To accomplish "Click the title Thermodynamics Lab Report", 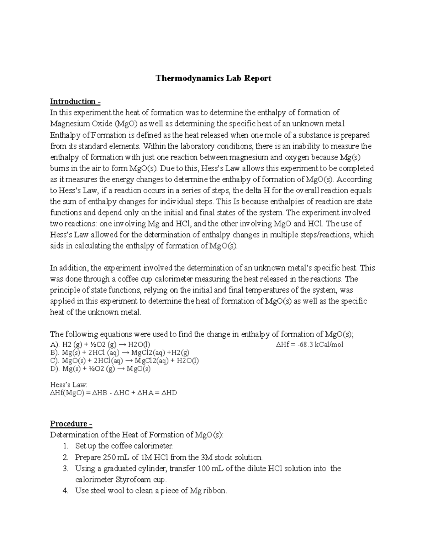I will (x=213, y=78).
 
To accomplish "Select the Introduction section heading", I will (x=75, y=101).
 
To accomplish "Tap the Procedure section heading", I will (x=71, y=424).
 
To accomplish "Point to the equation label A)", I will (x=55, y=344).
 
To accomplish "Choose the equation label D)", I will (x=55, y=369).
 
